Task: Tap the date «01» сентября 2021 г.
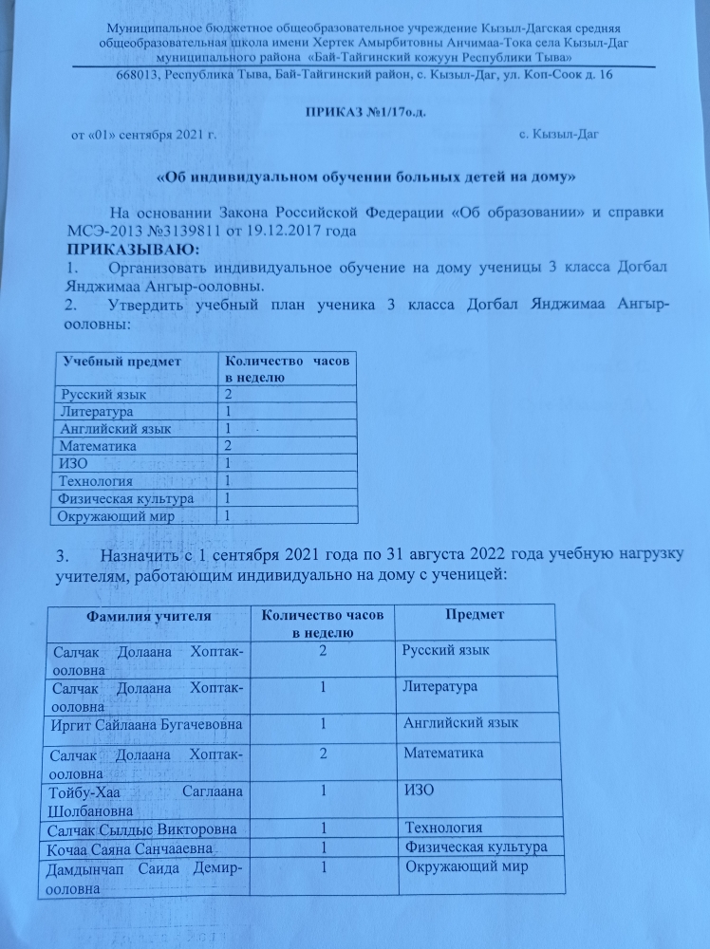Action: tap(144, 135)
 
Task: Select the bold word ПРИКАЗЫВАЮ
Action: tap(128, 250)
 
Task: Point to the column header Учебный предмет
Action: tap(121, 362)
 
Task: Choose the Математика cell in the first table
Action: tap(98, 445)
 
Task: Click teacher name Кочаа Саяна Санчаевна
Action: tap(134, 848)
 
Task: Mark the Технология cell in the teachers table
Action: tap(443, 829)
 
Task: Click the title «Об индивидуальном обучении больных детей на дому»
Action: tap(365, 177)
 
